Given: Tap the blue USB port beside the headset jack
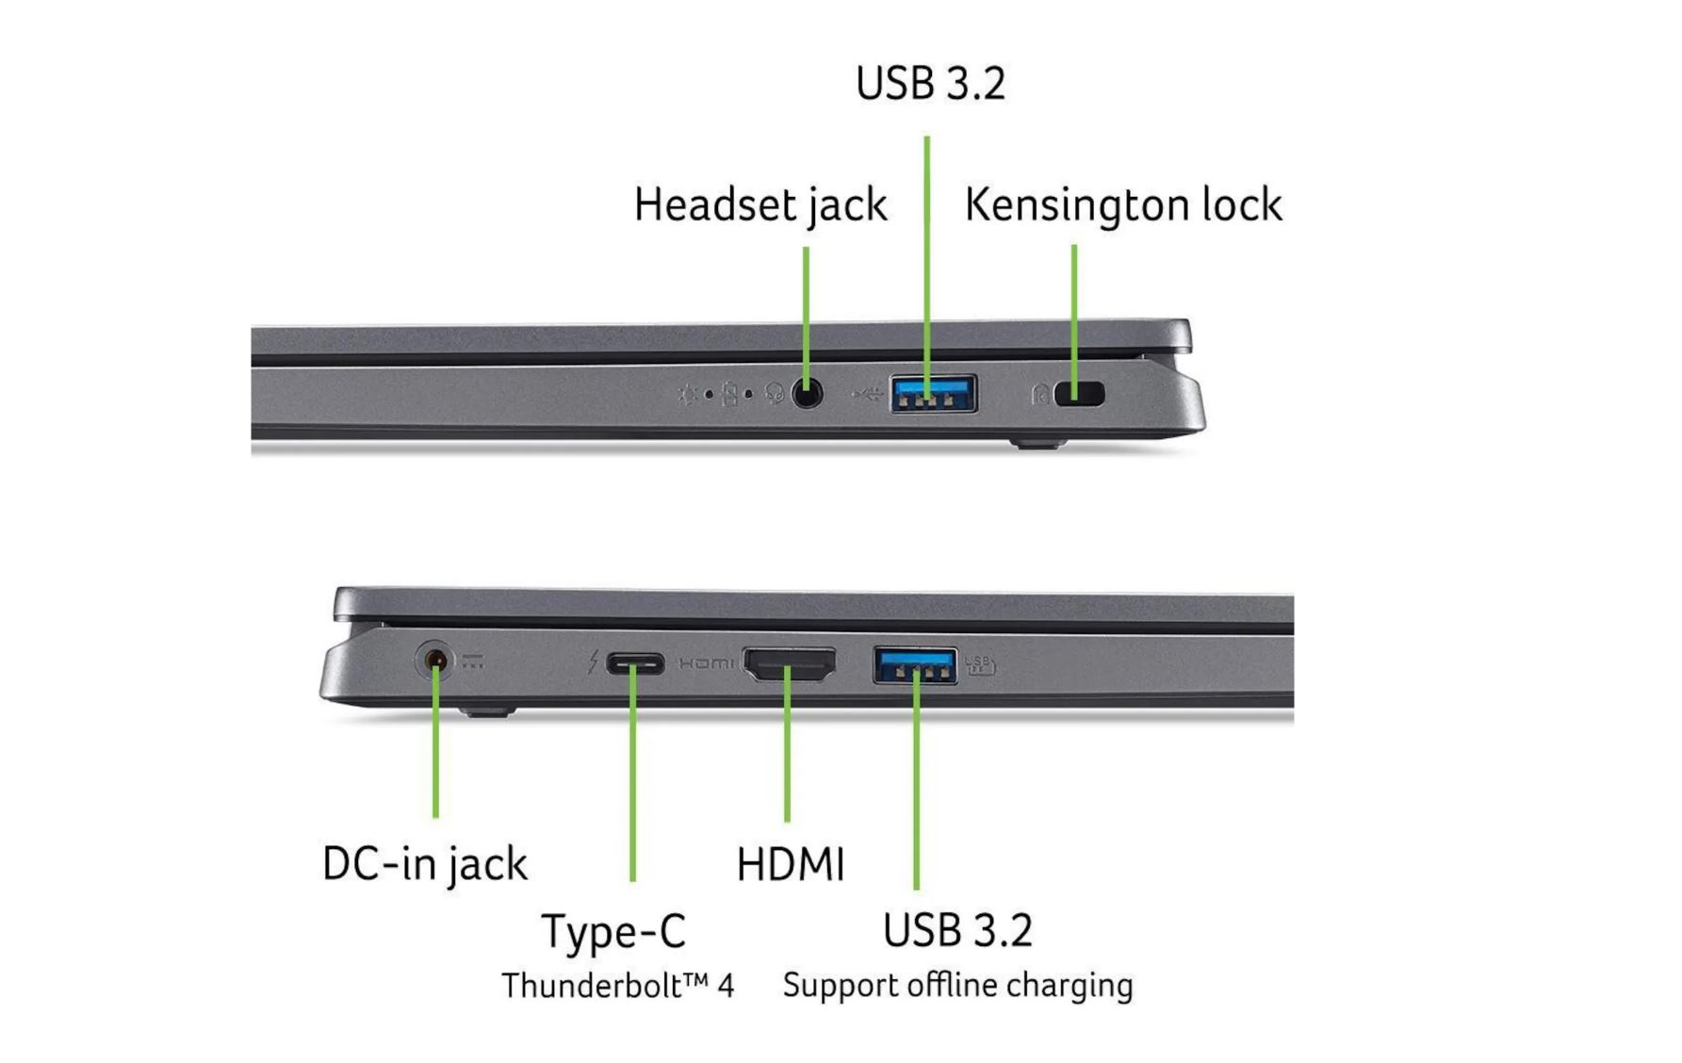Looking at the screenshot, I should (x=933, y=393).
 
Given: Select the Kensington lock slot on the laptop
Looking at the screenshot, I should (x=1080, y=393).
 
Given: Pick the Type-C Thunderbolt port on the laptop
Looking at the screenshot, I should (x=634, y=663).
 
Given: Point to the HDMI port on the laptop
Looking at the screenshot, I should (x=790, y=664).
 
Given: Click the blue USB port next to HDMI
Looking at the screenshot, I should (x=915, y=664).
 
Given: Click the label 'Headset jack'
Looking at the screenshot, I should (x=759, y=204).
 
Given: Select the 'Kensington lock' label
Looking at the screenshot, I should (x=1122, y=204).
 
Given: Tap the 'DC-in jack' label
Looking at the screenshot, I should (x=424, y=863).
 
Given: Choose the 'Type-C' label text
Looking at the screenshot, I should (x=613, y=931).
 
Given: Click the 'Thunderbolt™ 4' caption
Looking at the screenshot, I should (x=617, y=986).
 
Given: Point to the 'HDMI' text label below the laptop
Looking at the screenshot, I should (x=790, y=864).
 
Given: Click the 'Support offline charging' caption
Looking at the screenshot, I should (x=957, y=985).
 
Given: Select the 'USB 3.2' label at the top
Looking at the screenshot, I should (x=930, y=83).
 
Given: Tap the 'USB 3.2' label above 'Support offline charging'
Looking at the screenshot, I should (x=957, y=930).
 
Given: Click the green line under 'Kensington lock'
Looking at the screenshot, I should (x=1074, y=302).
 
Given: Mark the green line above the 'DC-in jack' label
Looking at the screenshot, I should (x=435, y=754).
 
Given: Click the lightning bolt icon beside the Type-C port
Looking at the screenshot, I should (x=593, y=662).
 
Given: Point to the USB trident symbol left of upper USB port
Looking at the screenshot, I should (x=867, y=394).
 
